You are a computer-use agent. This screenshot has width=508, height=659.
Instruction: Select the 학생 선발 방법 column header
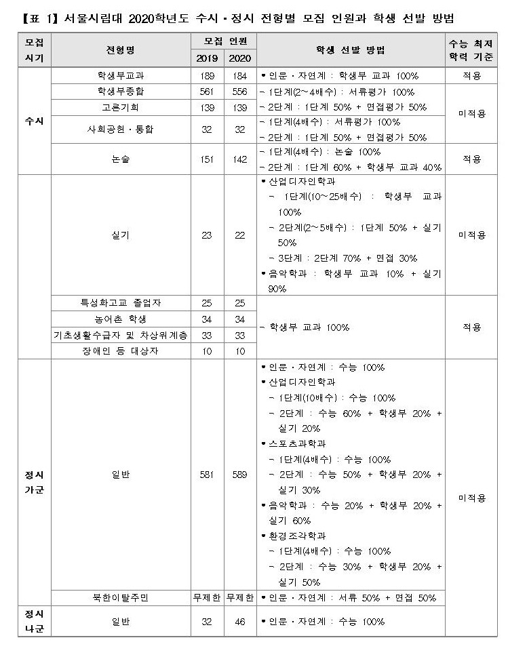point(350,50)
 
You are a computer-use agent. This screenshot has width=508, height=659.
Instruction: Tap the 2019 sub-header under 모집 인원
point(206,58)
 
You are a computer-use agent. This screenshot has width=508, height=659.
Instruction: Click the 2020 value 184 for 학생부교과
point(239,76)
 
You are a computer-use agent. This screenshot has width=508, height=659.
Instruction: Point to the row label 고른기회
point(121,107)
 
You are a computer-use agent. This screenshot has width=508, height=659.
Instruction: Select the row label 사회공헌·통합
point(121,129)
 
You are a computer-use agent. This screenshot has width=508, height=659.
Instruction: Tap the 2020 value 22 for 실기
point(239,235)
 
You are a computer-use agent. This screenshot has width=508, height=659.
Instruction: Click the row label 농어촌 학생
point(121,319)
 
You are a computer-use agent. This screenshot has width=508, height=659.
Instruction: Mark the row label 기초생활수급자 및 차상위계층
point(121,335)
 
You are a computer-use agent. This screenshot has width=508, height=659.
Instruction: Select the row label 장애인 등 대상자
point(121,351)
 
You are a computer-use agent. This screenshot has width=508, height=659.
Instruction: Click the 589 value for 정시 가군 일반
point(239,475)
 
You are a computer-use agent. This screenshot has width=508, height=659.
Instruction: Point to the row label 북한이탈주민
point(121,598)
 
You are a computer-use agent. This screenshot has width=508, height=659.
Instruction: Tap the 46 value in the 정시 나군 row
point(239,622)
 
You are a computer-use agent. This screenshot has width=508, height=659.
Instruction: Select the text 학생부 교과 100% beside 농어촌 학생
point(306,327)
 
